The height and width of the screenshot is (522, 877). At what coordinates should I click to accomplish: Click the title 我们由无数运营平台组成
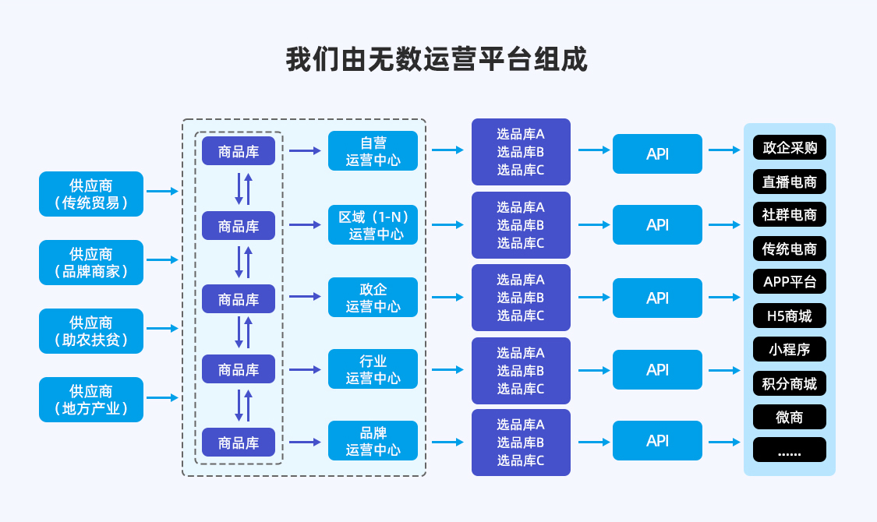tap(437, 60)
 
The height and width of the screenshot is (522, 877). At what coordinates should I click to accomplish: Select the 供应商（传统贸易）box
tap(91, 194)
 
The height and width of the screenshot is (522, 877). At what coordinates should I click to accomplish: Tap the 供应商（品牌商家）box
tap(91, 263)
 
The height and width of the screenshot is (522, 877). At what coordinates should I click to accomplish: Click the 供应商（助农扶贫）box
tap(91, 331)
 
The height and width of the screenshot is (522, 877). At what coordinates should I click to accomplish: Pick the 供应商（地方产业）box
tap(91, 400)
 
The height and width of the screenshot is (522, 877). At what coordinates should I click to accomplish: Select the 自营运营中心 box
tap(373, 151)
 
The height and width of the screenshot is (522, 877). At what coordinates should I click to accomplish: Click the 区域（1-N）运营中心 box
tap(373, 224)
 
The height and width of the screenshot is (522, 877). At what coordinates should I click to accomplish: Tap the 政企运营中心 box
tap(373, 298)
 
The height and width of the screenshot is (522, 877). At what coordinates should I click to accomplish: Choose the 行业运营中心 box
tap(373, 369)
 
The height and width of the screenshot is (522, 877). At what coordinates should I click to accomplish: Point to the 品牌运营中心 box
tap(373, 441)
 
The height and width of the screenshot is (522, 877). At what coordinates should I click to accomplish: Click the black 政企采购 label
tap(789, 148)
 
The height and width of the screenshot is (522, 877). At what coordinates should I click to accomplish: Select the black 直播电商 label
tap(789, 182)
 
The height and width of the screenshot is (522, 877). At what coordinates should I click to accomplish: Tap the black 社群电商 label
tap(789, 214)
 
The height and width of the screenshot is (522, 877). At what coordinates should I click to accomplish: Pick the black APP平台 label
tap(789, 282)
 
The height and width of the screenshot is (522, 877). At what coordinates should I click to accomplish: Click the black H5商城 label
tap(789, 316)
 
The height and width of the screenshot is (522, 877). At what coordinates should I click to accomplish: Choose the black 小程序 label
tap(789, 349)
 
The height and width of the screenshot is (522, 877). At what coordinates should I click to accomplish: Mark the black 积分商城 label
tap(789, 383)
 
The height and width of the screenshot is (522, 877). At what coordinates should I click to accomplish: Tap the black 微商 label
tap(789, 417)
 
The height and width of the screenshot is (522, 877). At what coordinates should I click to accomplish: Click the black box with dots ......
tap(789, 450)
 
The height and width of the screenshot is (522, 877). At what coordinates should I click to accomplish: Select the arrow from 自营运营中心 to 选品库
tap(447, 150)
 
